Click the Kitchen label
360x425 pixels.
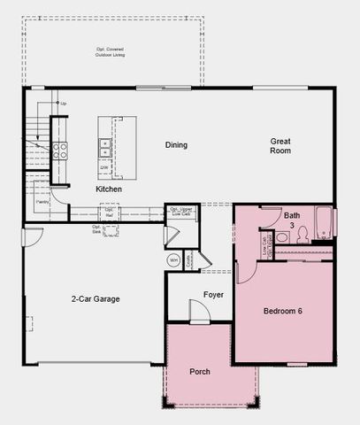point(108,189)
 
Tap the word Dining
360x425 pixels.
point(177,145)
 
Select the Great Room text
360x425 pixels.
point(280,145)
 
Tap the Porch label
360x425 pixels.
point(200,371)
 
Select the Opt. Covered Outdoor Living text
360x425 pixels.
point(111,52)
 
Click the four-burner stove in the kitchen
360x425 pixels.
point(59,151)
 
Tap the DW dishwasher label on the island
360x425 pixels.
point(104,166)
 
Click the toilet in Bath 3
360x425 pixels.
point(302,235)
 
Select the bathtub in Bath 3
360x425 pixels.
point(325,222)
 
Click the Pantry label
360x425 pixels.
point(41,203)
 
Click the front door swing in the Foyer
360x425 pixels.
point(198,311)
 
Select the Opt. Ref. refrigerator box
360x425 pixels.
point(110,213)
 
